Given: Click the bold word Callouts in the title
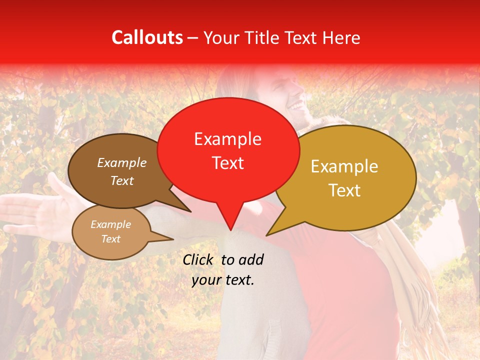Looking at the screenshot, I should click(147, 37).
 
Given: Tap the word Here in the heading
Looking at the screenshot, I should click(341, 37).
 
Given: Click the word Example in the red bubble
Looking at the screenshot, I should click(227, 139).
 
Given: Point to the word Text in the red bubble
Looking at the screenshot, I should click(227, 162).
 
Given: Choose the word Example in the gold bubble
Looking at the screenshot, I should click(344, 166).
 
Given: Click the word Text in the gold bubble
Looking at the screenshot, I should click(344, 190).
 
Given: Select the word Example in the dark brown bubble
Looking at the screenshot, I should click(122, 162).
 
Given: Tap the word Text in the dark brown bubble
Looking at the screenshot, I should click(122, 180).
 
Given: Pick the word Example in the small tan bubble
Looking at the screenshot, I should click(110, 224).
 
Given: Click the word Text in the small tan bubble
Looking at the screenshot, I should click(110, 239).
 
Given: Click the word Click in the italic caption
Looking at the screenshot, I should click(199, 259).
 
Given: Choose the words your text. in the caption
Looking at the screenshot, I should click(222, 280).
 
